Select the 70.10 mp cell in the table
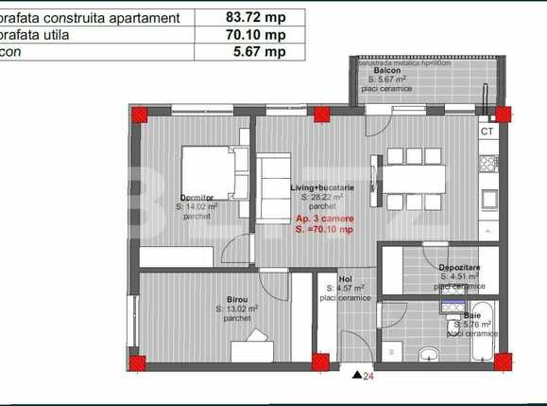[250, 35]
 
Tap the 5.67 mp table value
[250, 52]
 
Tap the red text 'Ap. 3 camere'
[324, 219]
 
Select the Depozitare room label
[458, 268]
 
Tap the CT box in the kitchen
[487, 132]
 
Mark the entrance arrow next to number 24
[355, 375]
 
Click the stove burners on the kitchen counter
[487, 164]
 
